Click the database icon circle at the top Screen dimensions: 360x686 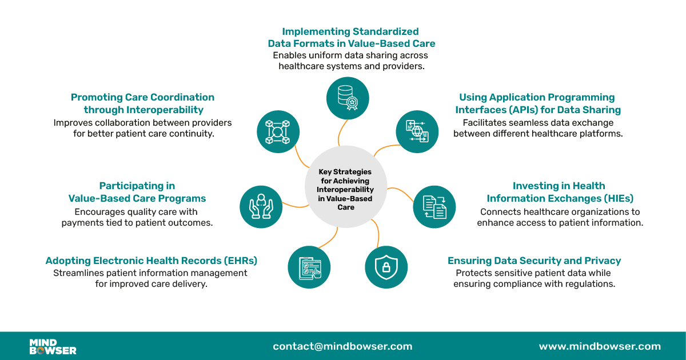348,98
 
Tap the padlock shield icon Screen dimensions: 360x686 386,267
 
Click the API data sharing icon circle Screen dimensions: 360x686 417,131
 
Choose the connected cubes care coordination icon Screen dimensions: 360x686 278,131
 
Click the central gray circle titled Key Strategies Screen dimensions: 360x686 346,189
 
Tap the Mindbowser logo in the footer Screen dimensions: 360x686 53,346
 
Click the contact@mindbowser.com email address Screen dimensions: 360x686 342,346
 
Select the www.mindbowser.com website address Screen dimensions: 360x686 600,346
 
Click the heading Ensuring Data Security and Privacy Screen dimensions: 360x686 534,261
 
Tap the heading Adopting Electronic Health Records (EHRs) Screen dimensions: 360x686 151,261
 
